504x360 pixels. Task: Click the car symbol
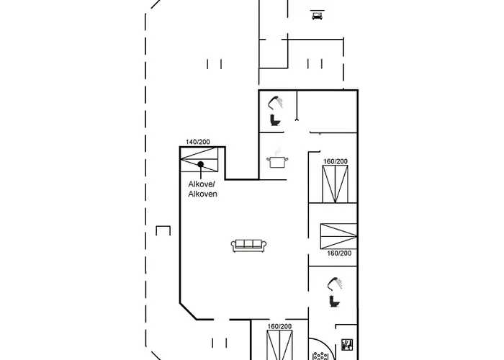(x=317, y=15)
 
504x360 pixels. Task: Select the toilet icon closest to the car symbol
(x=274, y=120)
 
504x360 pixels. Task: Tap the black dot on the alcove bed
(x=201, y=165)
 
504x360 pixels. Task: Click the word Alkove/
(x=202, y=185)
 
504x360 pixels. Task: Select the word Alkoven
(x=202, y=194)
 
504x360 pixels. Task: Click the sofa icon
(x=249, y=246)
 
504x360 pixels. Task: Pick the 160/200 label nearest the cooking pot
(x=335, y=161)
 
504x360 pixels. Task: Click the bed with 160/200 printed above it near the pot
(x=335, y=184)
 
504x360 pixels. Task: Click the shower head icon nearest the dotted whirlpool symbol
(x=333, y=283)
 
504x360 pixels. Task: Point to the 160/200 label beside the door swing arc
(x=279, y=327)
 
